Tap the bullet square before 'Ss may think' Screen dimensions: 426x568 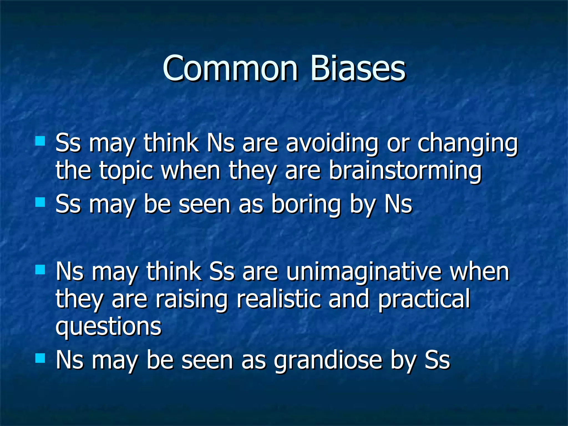[x=40, y=141]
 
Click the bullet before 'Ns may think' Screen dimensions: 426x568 [x=40, y=269]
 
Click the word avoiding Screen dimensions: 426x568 [x=332, y=144]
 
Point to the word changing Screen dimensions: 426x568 [x=468, y=144]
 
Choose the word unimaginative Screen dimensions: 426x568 [x=364, y=272]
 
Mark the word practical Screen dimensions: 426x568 [x=424, y=300]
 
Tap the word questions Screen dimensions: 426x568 [x=108, y=327]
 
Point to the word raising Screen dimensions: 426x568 [x=191, y=300]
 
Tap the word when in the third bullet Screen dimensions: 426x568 [x=480, y=272]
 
